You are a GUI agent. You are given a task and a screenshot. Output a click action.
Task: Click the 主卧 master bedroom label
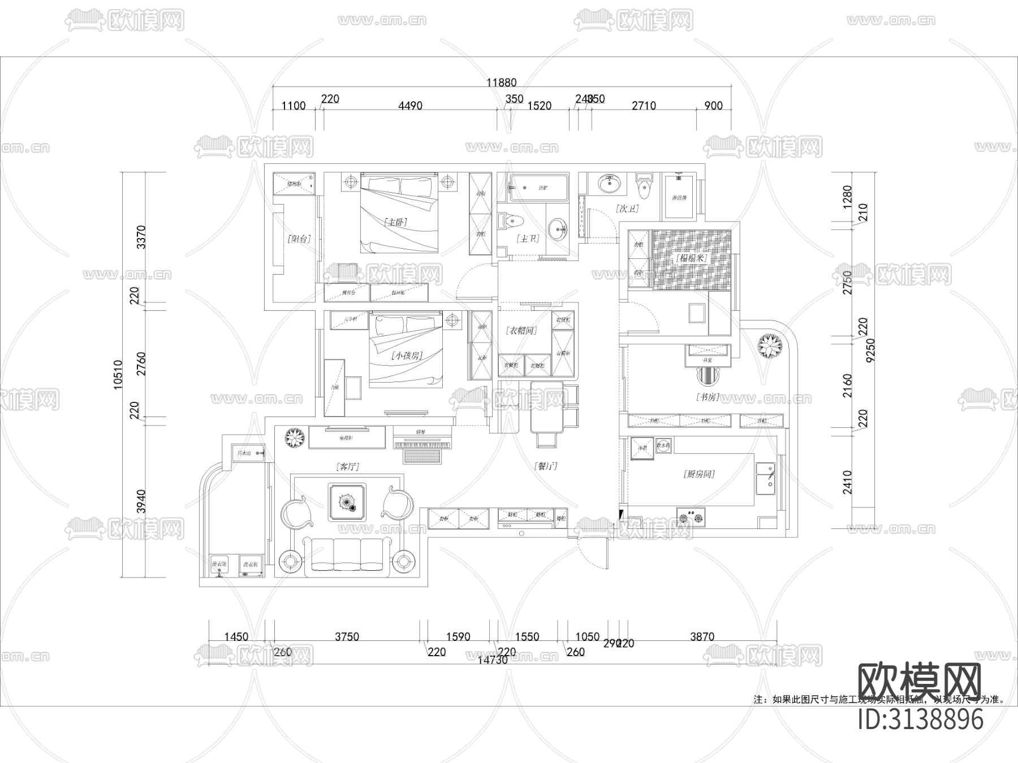click(x=396, y=222)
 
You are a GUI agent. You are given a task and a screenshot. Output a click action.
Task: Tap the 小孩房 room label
click(x=407, y=356)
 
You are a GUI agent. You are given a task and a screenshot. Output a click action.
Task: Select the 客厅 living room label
click(x=347, y=467)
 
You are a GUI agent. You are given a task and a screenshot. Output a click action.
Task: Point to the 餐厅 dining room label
click(x=546, y=466)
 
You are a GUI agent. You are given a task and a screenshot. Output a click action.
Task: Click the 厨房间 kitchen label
click(x=698, y=474)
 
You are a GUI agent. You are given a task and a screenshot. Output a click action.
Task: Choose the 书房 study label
click(x=707, y=397)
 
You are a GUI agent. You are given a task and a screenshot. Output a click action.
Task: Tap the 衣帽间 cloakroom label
click(x=521, y=330)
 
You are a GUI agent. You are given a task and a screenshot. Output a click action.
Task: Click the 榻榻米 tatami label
click(x=691, y=258)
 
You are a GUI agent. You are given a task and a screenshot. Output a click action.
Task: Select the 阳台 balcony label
click(x=299, y=239)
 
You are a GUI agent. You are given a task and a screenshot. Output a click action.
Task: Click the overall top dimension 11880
click(x=502, y=83)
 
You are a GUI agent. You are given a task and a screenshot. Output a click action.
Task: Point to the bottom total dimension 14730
click(x=493, y=660)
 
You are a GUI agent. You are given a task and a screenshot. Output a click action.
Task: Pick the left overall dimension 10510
click(x=118, y=374)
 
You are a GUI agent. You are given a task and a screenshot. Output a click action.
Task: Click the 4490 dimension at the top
click(x=410, y=106)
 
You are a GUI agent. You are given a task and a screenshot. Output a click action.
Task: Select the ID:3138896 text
click(x=921, y=719)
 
